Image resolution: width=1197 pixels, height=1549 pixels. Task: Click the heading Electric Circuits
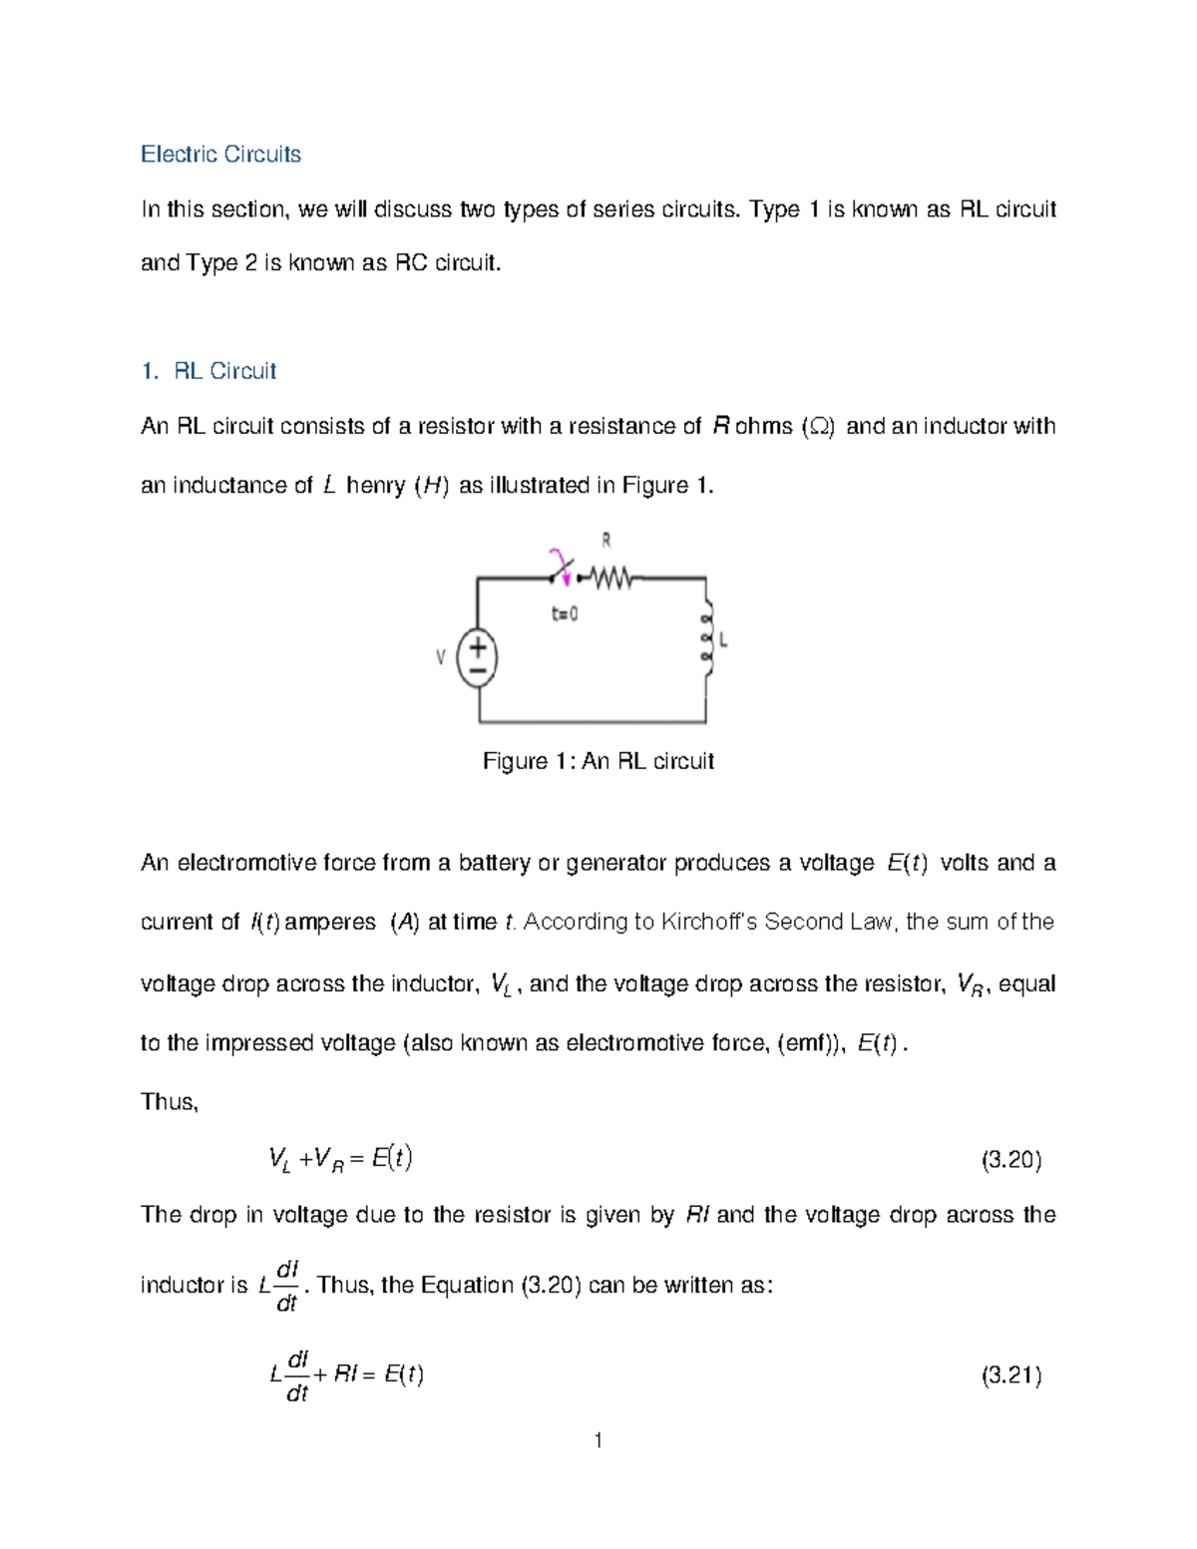[220, 154]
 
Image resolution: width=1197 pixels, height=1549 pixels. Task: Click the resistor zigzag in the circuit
[609, 577]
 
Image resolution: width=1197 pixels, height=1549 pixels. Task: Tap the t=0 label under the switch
[565, 614]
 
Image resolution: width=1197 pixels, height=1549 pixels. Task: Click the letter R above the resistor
[605, 541]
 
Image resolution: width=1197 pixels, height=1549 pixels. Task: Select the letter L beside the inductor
[723, 640]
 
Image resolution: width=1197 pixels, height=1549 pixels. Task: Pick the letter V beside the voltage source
[440, 658]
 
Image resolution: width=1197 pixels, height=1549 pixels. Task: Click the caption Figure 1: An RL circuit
[598, 761]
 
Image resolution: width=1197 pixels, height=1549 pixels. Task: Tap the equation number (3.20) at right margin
[1011, 1159]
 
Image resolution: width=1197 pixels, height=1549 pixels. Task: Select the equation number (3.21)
[1011, 1375]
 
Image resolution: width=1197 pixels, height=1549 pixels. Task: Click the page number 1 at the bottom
[598, 1439]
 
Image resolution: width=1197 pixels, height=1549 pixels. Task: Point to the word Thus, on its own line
[170, 1101]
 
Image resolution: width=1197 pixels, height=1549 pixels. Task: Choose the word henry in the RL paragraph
[375, 486]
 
